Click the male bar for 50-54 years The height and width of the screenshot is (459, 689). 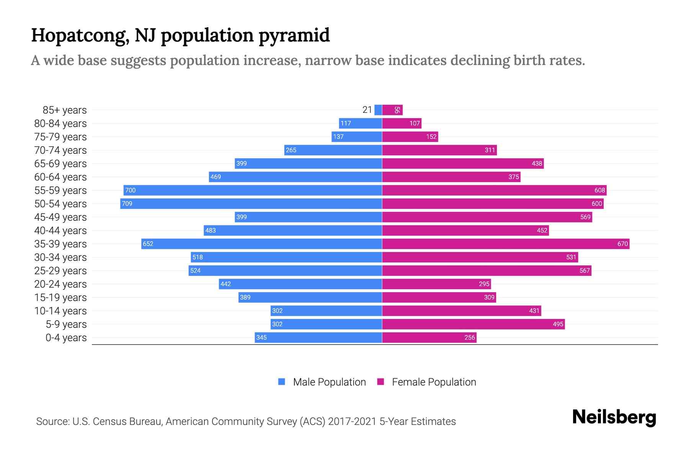pyautogui.click(x=251, y=203)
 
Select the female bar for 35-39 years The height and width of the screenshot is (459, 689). pyautogui.click(x=505, y=244)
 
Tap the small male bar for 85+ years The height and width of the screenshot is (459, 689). pyautogui.click(x=378, y=110)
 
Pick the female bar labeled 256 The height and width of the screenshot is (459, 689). pyautogui.click(x=429, y=337)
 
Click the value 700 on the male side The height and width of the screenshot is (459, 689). pyautogui.click(x=131, y=190)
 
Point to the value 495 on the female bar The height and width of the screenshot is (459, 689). pyautogui.click(x=558, y=324)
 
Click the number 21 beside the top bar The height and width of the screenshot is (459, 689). pyautogui.click(x=367, y=110)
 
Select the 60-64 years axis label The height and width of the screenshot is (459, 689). pyautogui.click(x=60, y=177)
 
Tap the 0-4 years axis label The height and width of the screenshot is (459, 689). pyautogui.click(x=66, y=337)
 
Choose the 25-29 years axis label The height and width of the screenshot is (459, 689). pyautogui.click(x=60, y=270)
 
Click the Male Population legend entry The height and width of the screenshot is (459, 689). pyautogui.click(x=329, y=382)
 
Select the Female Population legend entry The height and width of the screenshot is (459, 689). pyautogui.click(x=434, y=382)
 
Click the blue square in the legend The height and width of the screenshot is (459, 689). pyautogui.click(x=282, y=382)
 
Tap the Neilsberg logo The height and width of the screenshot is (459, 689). pyautogui.click(x=614, y=417)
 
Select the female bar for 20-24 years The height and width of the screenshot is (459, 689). pyautogui.click(x=436, y=284)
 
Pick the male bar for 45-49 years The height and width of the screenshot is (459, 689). pyautogui.click(x=308, y=217)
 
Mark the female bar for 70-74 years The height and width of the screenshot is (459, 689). pyautogui.click(x=439, y=150)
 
